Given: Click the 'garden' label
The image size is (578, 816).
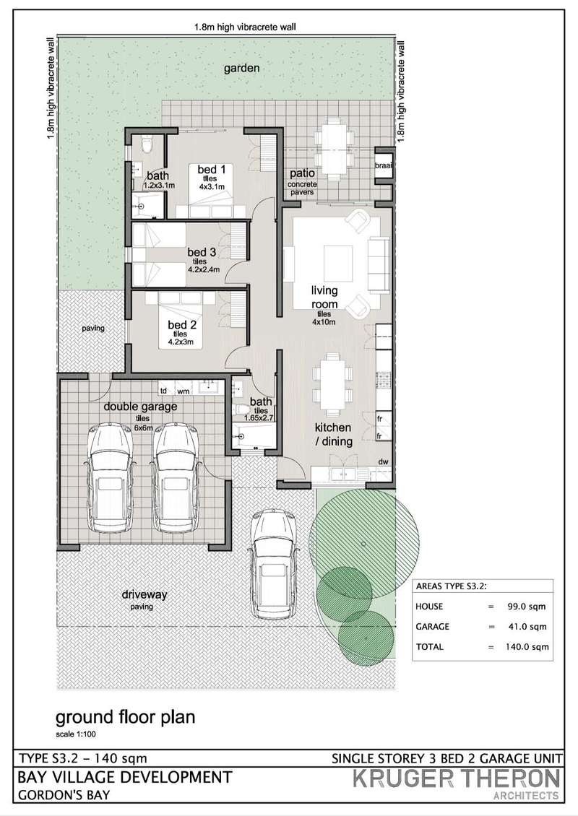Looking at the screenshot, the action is [241, 68].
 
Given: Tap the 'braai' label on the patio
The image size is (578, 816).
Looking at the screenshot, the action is [383, 165].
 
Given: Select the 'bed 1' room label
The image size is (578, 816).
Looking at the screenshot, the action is [212, 169].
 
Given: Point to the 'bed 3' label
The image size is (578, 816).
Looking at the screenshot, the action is [202, 253].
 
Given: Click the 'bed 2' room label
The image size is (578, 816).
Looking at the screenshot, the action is [182, 325].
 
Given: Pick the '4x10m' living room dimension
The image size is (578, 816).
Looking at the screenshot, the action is [324, 321].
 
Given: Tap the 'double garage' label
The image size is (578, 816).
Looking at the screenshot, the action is [140, 407].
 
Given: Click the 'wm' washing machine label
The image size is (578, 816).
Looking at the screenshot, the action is [184, 390].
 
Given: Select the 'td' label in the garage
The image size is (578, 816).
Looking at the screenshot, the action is [163, 390].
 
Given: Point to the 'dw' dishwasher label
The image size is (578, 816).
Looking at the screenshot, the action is [383, 461].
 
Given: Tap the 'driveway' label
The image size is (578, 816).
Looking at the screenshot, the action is [144, 594].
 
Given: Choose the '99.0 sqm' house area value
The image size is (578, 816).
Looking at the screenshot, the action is [527, 607].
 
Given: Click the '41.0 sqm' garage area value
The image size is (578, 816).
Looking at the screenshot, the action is [527, 627].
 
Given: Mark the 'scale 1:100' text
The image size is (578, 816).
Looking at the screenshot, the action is [76, 734].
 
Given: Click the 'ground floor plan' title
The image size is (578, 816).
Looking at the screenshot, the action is [126, 717].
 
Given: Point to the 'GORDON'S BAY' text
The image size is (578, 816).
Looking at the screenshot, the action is [64, 795].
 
